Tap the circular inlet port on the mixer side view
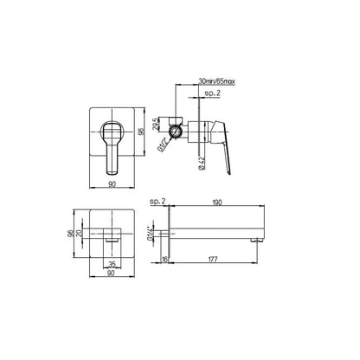178,131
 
